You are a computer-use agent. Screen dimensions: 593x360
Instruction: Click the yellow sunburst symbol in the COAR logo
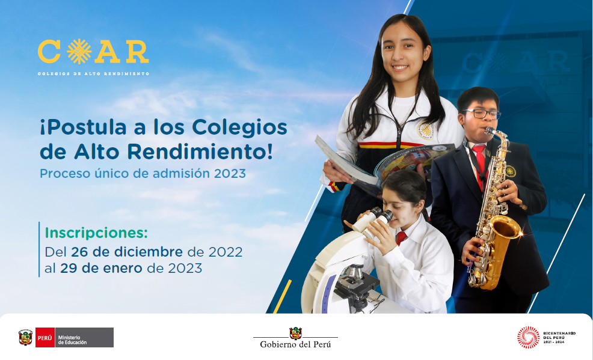(79, 51)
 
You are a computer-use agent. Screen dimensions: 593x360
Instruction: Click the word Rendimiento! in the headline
(199, 152)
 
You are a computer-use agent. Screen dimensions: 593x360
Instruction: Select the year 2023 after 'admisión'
(230, 174)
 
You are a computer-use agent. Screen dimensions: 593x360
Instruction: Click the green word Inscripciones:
(96, 233)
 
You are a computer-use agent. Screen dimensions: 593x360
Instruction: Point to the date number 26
(79, 252)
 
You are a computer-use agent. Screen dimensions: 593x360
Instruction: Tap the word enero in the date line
(122, 268)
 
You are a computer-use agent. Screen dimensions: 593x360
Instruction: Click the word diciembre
(149, 252)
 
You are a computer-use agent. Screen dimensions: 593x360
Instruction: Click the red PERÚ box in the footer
(45, 337)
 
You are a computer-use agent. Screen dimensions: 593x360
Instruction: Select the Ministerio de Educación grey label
(84, 337)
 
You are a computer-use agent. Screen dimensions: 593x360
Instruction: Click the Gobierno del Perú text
(295, 344)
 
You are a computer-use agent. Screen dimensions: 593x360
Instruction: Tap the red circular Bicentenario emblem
(528, 337)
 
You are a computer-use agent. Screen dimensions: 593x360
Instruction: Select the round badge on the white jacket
(425, 130)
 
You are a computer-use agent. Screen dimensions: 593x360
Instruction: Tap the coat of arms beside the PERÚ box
(26, 337)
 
